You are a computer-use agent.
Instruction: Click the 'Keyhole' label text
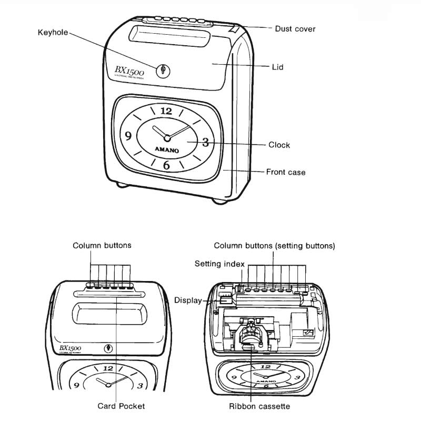click(x=53, y=32)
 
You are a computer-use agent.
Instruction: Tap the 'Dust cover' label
click(x=295, y=29)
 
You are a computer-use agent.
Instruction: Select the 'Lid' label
click(x=277, y=67)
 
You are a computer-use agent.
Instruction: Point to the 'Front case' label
click(x=285, y=172)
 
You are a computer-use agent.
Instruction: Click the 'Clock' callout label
click(x=279, y=145)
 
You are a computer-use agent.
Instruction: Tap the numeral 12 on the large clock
click(x=166, y=111)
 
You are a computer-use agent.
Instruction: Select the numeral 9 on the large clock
click(x=128, y=136)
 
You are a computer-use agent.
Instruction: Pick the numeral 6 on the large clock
click(x=166, y=165)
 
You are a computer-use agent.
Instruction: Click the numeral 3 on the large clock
click(x=205, y=142)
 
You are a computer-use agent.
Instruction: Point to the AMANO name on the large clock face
click(x=166, y=151)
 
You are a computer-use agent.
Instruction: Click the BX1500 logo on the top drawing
click(x=129, y=71)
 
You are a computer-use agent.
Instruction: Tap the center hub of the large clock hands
click(x=167, y=138)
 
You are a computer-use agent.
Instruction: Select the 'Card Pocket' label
click(x=121, y=406)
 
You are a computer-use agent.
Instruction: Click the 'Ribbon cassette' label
click(x=259, y=406)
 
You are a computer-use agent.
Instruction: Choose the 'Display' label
click(x=188, y=300)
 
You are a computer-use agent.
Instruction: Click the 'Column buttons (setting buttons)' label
click(x=274, y=246)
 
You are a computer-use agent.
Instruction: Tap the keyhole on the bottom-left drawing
click(x=108, y=348)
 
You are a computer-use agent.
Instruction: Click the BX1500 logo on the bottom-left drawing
click(x=69, y=349)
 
